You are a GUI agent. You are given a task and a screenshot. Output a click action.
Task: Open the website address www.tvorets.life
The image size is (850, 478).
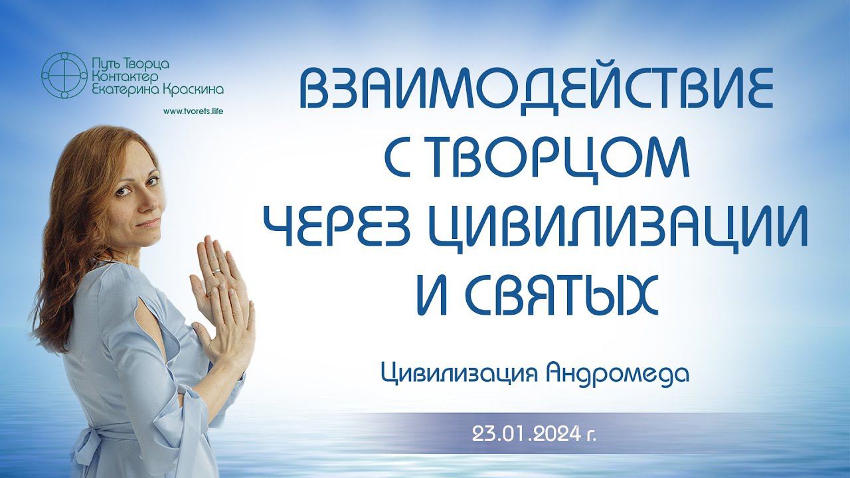[193, 112]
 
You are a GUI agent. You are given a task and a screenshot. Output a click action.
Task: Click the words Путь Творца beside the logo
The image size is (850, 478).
[129, 64]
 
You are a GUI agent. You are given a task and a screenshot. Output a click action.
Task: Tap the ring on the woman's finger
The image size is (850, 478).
[216, 271]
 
